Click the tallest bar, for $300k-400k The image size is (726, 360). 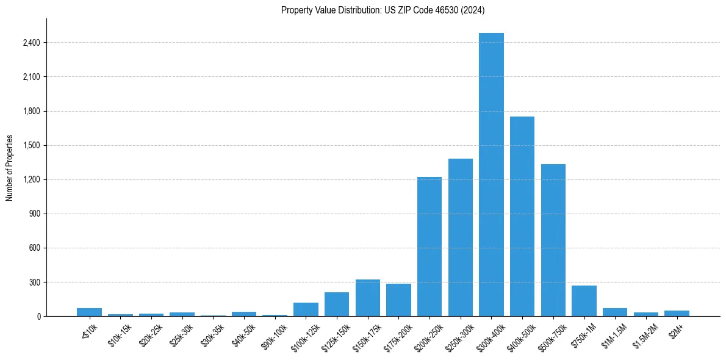coord(491,175)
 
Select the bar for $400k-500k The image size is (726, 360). coord(522,217)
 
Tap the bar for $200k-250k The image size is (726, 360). coord(429,247)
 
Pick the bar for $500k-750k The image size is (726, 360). coord(553,240)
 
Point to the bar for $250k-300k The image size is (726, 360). coord(461,237)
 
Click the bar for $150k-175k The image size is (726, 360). coord(368,298)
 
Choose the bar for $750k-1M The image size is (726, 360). coord(584,301)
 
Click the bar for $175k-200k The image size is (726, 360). coord(398,300)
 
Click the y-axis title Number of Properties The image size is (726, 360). coord(10,167)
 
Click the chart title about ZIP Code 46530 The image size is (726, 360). coord(383,10)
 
